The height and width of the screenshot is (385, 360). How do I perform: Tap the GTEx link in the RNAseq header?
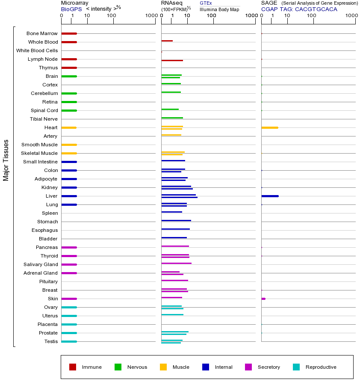[x=206, y=3]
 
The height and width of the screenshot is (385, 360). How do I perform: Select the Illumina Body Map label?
[x=219, y=9]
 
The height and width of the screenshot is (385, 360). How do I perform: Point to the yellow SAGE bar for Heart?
[x=269, y=127]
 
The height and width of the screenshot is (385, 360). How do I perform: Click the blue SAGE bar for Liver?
[x=270, y=196]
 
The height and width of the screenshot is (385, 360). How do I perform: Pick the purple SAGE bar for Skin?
[x=263, y=299]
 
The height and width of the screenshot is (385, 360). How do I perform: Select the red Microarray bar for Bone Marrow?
[x=69, y=33]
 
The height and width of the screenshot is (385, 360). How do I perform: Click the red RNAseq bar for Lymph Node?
[x=172, y=60]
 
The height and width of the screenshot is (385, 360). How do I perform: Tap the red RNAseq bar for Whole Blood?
[x=167, y=41]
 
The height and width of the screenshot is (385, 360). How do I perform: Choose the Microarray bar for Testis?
[x=69, y=341]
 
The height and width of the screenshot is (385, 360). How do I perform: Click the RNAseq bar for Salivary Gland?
[x=176, y=263]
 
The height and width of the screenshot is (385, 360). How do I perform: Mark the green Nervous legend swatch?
[x=118, y=367]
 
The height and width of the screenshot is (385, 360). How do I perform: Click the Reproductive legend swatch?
[x=296, y=367]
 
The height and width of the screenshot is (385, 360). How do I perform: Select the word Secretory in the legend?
[x=269, y=367]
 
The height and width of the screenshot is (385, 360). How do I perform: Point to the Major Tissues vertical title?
[x=6, y=160]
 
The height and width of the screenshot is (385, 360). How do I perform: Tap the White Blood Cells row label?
[x=37, y=50]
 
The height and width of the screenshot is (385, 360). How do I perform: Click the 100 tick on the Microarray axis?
[x=112, y=16]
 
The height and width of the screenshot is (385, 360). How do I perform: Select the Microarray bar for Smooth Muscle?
[x=69, y=145]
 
